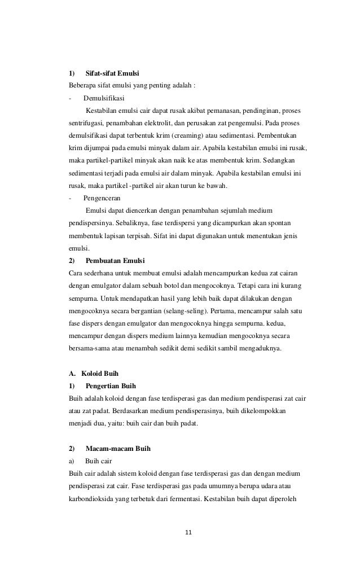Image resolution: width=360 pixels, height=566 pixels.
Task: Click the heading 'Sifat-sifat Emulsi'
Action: pyautogui.click(x=112, y=73)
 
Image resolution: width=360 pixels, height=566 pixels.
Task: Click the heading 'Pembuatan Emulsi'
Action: pyautogui.click(x=115, y=261)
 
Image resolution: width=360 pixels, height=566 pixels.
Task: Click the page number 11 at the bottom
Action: pyautogui.click(x=188, y=531)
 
